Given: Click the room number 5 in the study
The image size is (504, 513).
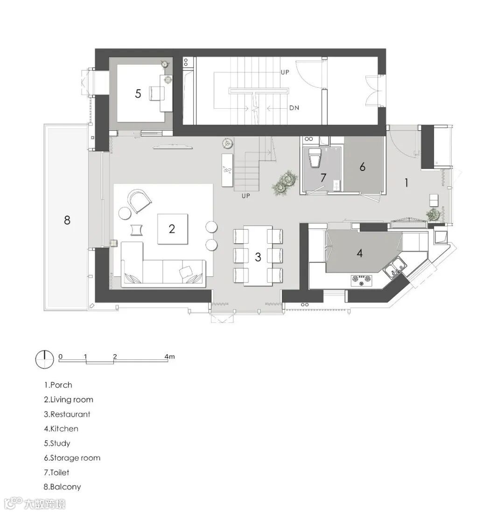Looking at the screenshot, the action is point(138,94).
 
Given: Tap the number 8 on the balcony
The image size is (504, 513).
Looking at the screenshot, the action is point(67,220).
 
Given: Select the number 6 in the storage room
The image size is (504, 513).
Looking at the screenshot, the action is point(363,167).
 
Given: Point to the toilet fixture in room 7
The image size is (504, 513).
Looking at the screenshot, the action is point(315,158).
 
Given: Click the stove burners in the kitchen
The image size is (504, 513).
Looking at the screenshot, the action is point(361,279).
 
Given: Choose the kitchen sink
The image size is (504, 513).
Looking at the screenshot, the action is point(394,266).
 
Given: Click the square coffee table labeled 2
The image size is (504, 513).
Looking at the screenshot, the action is point(172,229).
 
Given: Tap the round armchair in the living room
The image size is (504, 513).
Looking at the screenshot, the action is point(140,200).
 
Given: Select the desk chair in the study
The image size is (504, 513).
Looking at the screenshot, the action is point(156,93).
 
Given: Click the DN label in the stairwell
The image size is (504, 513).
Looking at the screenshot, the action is point(294,108).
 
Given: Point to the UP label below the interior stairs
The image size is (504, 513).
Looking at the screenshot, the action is point(245,196).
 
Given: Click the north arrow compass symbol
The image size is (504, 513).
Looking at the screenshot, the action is point(44,359).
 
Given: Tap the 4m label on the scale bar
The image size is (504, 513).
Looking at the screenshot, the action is point(169,356).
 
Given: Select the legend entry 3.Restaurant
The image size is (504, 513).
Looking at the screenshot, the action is point(67,414).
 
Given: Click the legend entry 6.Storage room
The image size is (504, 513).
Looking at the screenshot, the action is point(72,458).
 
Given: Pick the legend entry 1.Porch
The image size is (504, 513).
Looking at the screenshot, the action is point(58,385).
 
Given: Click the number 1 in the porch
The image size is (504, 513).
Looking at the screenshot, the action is point(406,183).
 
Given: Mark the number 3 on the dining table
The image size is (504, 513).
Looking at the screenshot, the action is point(258,257).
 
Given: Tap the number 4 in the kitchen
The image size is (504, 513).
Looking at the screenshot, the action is point(360,253).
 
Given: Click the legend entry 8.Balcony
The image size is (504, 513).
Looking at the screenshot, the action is point(62,487).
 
